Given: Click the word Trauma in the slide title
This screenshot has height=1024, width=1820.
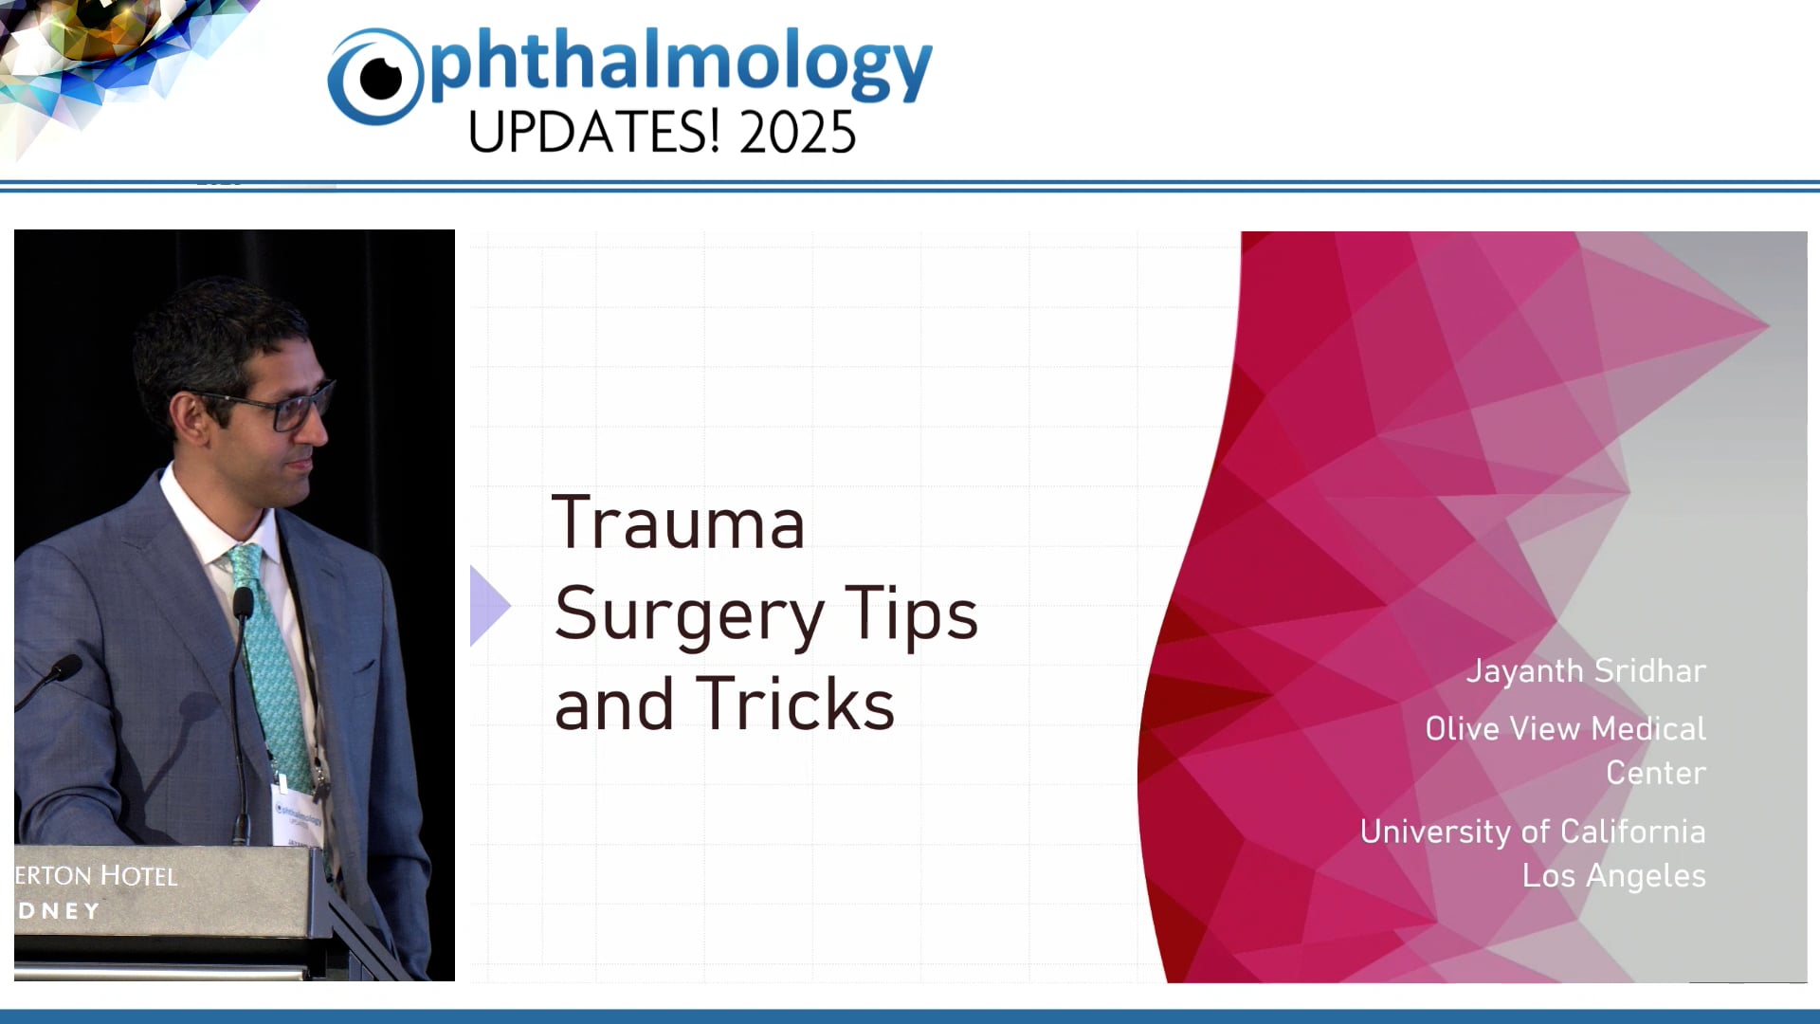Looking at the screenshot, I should [x=678, y=523].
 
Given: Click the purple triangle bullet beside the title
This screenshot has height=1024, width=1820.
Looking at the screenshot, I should [x=488, y=606].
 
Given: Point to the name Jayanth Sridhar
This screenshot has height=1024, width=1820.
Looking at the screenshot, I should [x=1585, y=671].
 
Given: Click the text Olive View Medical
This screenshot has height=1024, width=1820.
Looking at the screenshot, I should [x=1564, y=728].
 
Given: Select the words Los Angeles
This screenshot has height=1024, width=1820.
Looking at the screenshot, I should [x=1613, y=876].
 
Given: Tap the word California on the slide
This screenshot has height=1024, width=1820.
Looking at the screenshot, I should [x=1632, y=832].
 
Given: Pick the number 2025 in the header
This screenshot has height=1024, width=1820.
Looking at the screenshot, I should [x=797, y=133].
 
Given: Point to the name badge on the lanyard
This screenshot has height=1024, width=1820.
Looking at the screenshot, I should [x=297, y=814].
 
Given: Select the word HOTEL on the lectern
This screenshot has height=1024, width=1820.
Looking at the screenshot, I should [x=138, y=876].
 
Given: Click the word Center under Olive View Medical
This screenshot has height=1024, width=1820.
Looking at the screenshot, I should [x=1655, y=773].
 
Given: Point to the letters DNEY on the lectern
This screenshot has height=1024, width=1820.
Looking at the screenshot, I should [x=59, y=911].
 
